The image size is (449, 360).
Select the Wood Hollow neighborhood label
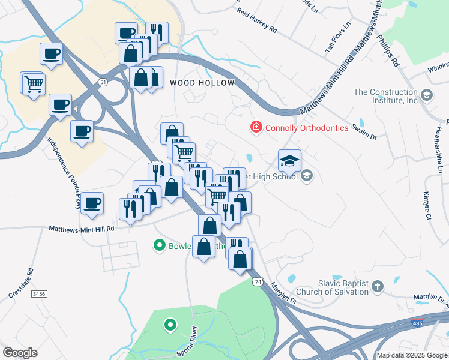[x=201, y=83]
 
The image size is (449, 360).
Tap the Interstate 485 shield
[x=417, y=323]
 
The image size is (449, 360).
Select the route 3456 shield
[x=39, y=294]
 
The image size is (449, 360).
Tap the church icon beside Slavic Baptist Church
[x=378, y=286]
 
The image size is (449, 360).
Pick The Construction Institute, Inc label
[x=385, y=96]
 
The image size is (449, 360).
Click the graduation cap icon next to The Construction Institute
[x=427, y=95]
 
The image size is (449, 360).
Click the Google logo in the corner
[x=20, y=353]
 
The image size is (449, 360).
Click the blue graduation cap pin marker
[x=289, y=160]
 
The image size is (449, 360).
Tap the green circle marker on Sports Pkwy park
[x=170, y=326]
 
